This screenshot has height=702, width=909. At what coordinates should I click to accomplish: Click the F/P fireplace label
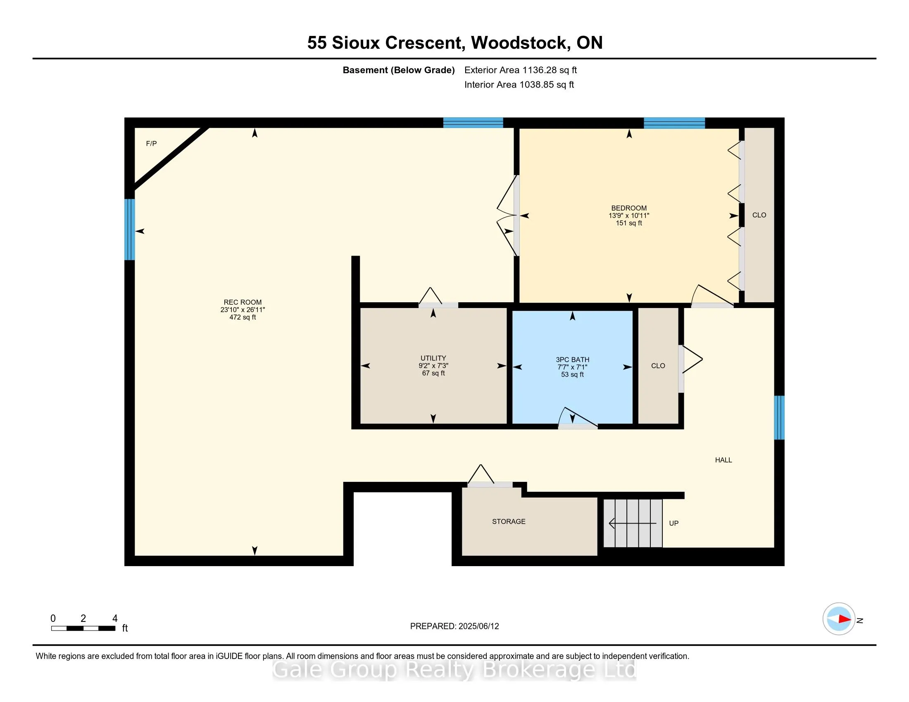click(151, 143)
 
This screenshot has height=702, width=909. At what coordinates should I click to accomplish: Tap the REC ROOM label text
click(243, 302)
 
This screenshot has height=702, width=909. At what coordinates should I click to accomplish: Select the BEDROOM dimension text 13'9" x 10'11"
click(629, 216)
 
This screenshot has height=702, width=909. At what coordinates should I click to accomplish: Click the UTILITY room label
click(433, 358)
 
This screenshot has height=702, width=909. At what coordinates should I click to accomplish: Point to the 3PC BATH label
click(572, 360)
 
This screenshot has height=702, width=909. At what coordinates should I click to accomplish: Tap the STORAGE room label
click(509, 522)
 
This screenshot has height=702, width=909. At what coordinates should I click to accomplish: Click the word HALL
click(723, 460)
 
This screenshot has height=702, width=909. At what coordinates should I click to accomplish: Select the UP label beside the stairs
click(674, 523)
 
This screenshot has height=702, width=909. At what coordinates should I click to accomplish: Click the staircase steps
click(633, 523)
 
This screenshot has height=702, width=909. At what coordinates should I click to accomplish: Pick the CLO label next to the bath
click(658, 365)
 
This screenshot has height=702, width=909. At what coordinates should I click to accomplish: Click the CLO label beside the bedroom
click(759, 215)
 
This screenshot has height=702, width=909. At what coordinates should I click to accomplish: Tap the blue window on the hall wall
click(779, 417)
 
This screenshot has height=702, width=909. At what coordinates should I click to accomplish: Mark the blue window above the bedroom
click(674, 123)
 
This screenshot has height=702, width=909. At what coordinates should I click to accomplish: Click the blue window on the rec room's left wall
click(129, 230)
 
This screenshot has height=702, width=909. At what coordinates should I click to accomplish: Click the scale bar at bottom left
click(83, 628)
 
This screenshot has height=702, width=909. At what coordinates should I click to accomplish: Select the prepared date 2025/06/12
click(478, 626)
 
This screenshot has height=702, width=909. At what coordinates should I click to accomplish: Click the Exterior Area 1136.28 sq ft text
click(521, 70)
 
